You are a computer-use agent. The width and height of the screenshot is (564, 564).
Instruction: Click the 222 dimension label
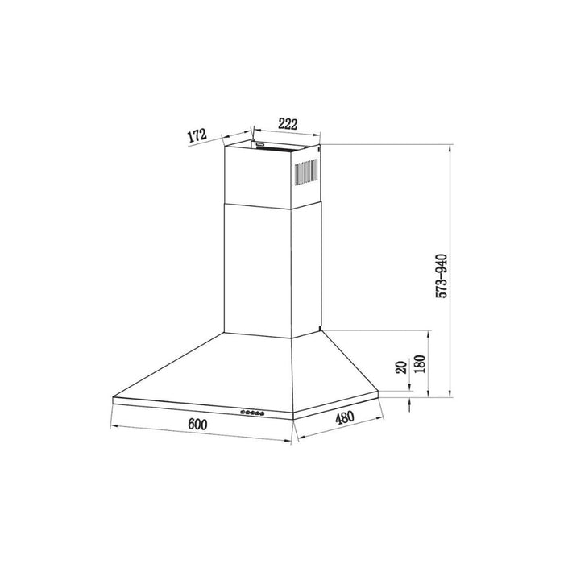tap(287, 123)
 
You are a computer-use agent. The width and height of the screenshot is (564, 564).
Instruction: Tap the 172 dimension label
tap(198, 135)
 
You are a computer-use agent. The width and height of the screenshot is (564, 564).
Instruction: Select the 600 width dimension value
tap(199, 425)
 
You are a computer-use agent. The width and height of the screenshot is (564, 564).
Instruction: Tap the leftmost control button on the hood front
tap(242, 414)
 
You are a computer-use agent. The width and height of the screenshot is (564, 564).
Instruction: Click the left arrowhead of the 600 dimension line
tap(110, 425)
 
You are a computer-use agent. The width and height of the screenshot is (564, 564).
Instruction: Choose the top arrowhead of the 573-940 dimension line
tap(449, 147)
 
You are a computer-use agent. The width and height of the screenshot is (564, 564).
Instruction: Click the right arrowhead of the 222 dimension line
tap(321, 134)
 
